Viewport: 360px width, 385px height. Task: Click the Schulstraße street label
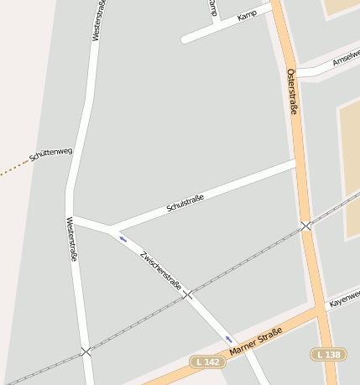[x=185, y=202]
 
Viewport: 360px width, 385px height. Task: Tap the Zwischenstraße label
[x=161, y=271]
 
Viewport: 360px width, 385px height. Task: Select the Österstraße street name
[x=292, y=91]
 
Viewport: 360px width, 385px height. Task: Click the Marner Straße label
[x=254, y=341]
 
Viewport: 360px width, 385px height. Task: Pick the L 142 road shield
[x=208, y=362]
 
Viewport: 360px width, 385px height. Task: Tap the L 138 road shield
[x=328, y=355]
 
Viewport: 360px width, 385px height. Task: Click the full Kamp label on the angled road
[x=247, y=16]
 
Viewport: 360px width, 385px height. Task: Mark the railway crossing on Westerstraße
[x=86, y=352]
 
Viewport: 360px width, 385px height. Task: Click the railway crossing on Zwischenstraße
[x=188, y=294]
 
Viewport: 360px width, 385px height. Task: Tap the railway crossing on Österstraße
[x=306, y=226]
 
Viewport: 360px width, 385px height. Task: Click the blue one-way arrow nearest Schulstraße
[x=123, y=239]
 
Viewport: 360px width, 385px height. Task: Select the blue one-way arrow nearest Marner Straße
[x=228, y=339]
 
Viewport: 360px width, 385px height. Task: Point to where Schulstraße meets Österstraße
[x=296, y=164]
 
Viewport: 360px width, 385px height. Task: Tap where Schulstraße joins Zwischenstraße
[x=110, y=228]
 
